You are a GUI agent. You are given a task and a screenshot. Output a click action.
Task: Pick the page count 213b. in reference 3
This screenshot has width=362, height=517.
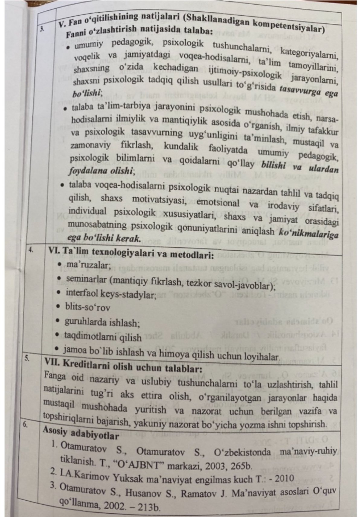point(147,508)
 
